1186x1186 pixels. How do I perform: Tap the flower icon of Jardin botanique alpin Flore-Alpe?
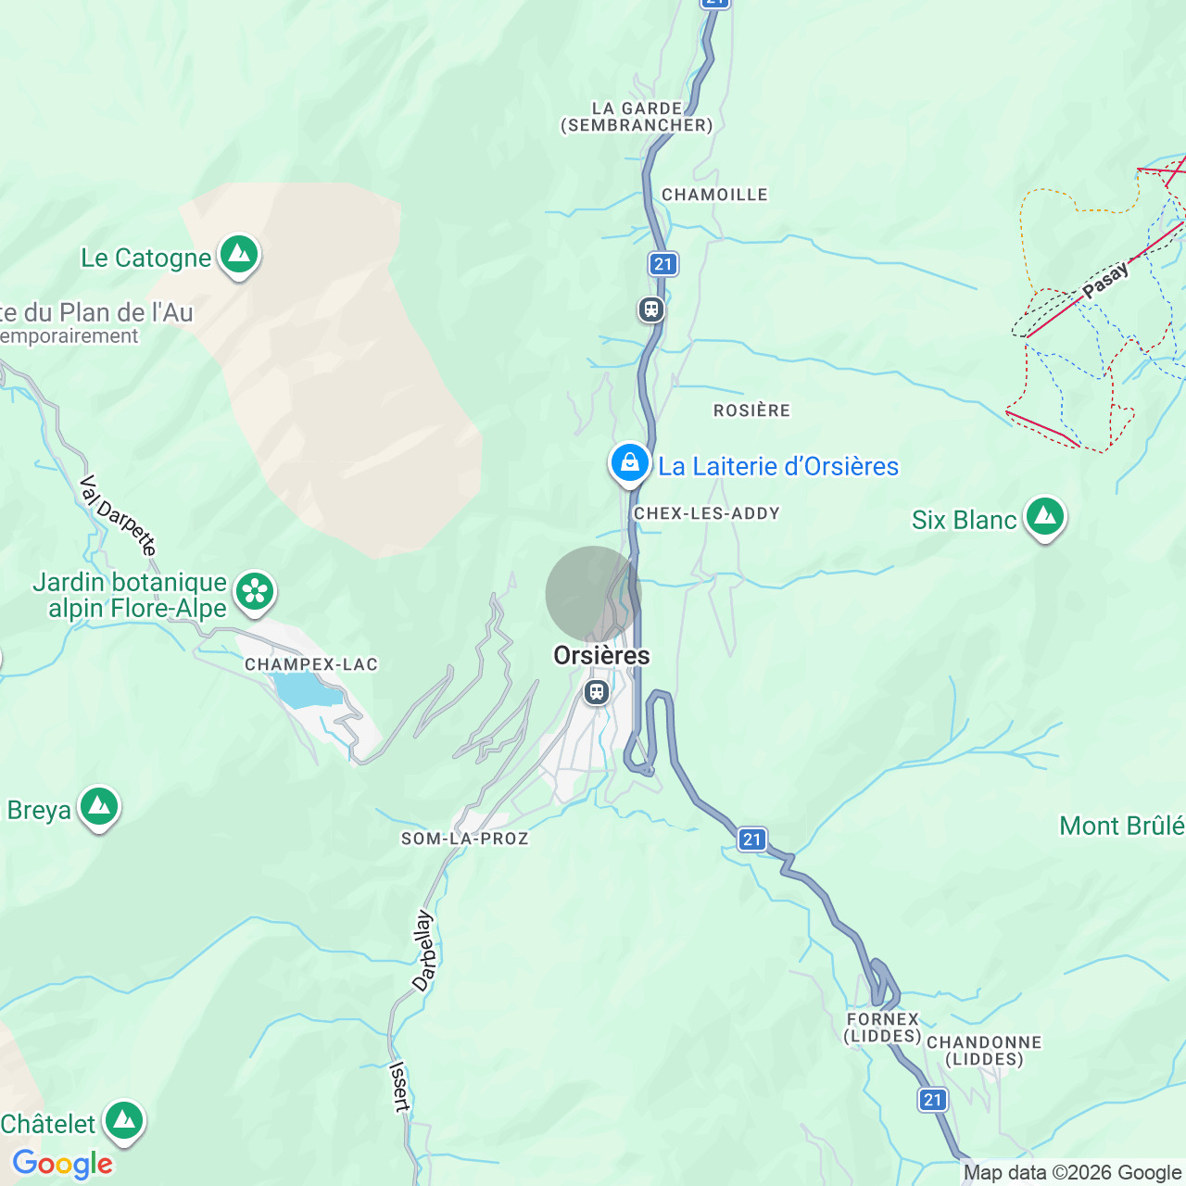point(254,592)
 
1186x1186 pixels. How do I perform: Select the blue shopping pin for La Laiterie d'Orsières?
point(629,461)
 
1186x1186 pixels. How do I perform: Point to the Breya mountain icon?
point(99,807)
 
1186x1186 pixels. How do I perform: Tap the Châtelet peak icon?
point(124,1121)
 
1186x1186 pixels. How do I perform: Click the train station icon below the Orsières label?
point(597,691)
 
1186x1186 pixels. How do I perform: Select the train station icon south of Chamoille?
point(651,309)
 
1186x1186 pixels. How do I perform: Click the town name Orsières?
point(601,656)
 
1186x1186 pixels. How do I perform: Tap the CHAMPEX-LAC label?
point(311,664)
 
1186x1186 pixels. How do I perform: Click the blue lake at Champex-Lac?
point(302,690)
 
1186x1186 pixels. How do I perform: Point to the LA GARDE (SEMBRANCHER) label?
point(637,117)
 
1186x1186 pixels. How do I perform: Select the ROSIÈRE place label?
point(751,410)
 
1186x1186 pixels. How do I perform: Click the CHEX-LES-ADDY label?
point(706,513)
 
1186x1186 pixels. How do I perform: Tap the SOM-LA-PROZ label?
point(464,839)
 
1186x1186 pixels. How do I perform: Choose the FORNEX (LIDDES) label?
point(882,1028)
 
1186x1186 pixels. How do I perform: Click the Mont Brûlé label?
point(1121,826)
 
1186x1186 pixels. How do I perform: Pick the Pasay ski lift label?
point(1106,280)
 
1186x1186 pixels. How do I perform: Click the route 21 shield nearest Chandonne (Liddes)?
point(933,1100)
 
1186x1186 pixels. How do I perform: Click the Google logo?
point(63,1164)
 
